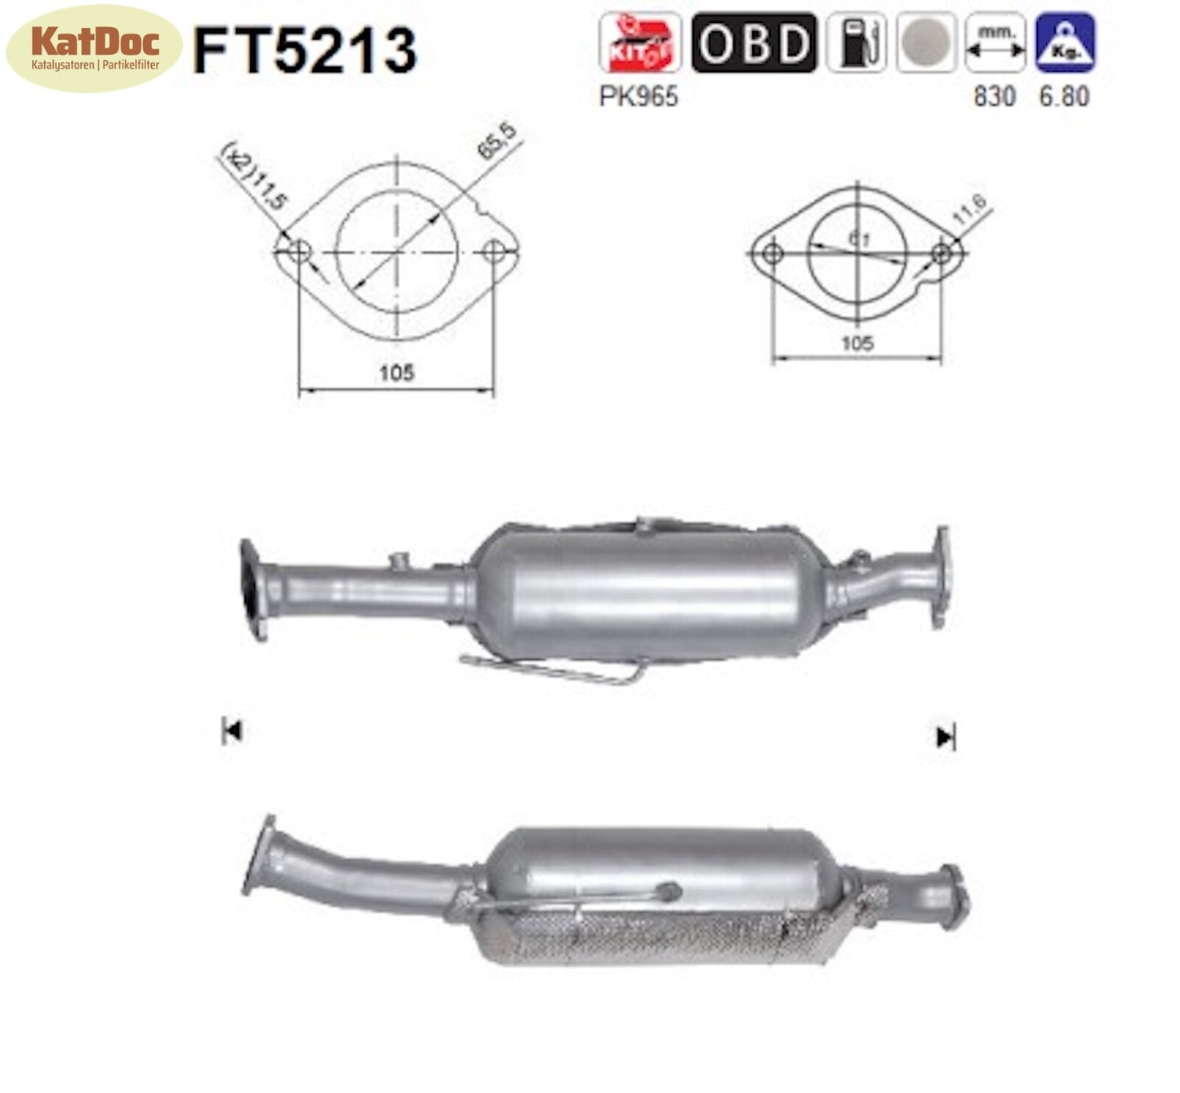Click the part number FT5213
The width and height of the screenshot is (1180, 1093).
(305, 51)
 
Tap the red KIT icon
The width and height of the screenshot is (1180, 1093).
(639, 43)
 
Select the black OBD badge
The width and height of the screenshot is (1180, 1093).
(753, 43)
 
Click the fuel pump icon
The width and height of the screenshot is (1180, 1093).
(855, 43)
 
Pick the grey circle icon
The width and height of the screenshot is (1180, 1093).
(925, 43)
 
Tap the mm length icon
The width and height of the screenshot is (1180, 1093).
(995, 43)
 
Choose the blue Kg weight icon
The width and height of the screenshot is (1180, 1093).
(1065, 43)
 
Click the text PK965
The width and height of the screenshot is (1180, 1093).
(639, 96)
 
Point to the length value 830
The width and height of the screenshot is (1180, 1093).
(994, 96)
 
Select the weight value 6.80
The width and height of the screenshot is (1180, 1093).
(1064, 96)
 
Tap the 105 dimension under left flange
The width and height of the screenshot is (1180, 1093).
(396, 373)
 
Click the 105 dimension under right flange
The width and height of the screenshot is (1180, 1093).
(857, 343)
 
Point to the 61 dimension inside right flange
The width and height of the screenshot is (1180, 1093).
(858, 239)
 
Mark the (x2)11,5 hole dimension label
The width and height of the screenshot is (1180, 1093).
(254, 176)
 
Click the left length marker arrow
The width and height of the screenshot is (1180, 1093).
(231, 731)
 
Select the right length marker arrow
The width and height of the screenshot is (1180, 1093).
(946, 738)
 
